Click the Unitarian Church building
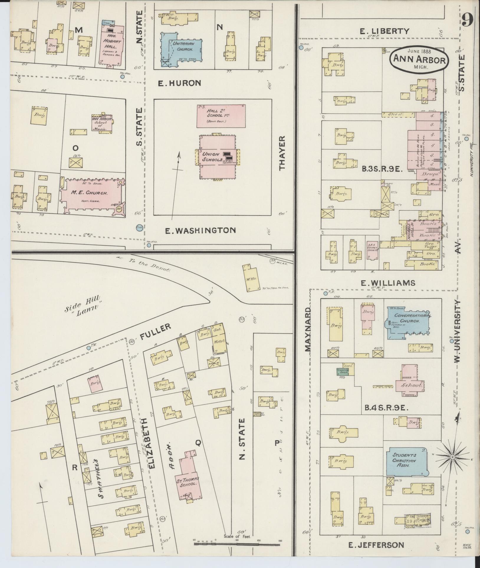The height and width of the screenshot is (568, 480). (x=180, y=47)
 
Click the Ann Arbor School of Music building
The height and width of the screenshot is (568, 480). (x=102, y=124)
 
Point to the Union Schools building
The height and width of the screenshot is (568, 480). (x=218, y=157)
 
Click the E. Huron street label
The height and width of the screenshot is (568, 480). (x=180, y=83)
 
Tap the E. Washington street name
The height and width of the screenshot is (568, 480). (x=200, y=230)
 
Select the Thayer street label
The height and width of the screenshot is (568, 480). (x=282, y=153)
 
